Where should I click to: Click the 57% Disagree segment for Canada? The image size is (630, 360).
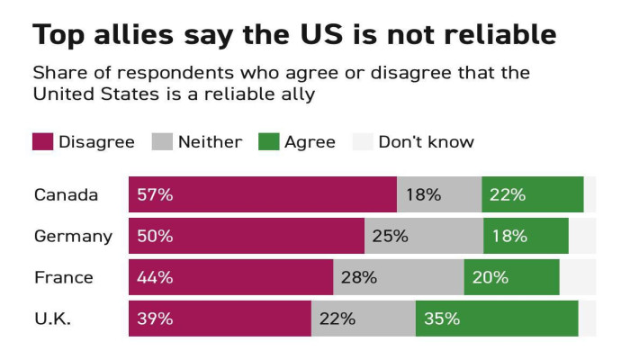point(262,194)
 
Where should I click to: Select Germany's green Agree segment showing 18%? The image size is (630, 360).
point(526,236)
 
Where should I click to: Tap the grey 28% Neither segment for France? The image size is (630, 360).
point(399,277)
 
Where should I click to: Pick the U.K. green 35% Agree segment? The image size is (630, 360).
point(496,319)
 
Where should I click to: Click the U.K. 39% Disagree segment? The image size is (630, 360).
point(220,319)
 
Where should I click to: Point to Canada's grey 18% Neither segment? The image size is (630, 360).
point(439,194)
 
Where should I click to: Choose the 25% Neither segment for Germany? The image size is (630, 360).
point(423,236)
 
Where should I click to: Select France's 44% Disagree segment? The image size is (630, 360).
point(230,277)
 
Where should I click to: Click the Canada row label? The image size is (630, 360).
point(66,194)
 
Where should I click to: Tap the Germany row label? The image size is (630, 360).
point(73,237)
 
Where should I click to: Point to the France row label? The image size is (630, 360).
point(63,277)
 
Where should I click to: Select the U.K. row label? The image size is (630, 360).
point(52,319)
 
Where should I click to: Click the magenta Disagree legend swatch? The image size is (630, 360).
point(42,141)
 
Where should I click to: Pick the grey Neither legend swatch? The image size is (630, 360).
point(162,141)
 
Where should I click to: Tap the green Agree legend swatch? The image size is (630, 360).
point(268,141)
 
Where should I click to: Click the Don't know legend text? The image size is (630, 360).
point(426,141)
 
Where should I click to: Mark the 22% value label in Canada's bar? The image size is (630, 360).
point(508,194)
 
